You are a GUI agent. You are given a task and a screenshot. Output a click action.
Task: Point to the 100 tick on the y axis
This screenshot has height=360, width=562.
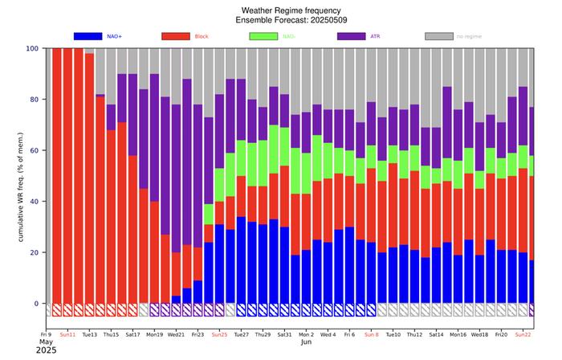coord(32,48)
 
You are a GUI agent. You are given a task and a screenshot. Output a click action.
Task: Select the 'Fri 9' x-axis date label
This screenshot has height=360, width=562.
coord(46,333)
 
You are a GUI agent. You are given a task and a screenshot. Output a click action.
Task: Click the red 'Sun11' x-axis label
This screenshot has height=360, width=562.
coord(67,333)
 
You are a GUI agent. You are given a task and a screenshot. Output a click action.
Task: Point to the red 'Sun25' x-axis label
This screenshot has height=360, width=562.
coord(219,333)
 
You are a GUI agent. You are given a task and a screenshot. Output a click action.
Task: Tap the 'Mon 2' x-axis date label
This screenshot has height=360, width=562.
coord(306,333)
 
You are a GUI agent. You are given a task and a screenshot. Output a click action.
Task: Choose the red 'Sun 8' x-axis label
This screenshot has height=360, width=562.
coord(371,333)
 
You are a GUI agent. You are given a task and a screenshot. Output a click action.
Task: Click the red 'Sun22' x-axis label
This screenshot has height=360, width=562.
coord(523,333)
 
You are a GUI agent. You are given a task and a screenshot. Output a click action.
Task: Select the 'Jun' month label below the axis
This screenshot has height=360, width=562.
coord(306,342)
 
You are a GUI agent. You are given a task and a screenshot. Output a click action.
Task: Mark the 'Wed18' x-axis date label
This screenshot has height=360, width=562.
coord(479,333)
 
